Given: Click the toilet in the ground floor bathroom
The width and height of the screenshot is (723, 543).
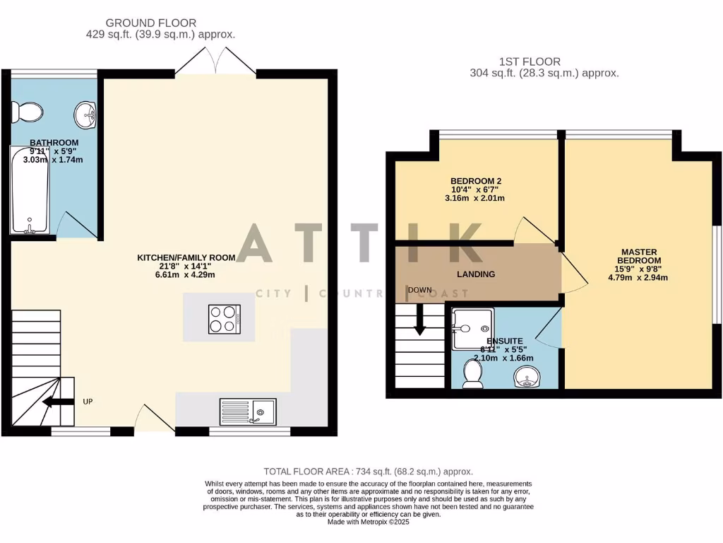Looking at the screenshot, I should (x=28, y=111).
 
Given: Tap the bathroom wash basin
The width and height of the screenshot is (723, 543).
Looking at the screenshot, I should (x=86, y=115).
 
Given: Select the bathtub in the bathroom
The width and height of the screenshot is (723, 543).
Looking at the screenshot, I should (x=30, y=189).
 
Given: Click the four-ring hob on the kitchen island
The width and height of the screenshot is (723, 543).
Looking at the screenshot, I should (x=224, y=319).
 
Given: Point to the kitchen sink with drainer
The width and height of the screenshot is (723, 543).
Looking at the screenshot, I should (x=248, y=411).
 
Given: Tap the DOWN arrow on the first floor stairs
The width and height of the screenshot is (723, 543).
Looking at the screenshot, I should (x=419, y=320).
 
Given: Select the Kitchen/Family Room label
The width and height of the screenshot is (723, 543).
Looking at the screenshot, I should (x=186, y=258).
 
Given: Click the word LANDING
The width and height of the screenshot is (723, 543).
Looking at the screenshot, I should (x=476, y=274).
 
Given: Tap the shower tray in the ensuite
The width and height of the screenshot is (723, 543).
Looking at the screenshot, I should (x=472, y=328).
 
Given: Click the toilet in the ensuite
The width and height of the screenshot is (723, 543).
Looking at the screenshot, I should (x=472, y=374).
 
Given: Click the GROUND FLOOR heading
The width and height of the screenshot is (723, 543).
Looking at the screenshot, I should (x=151, y=23).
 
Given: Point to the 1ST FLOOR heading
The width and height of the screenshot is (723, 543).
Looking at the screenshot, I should (x=544, y=62).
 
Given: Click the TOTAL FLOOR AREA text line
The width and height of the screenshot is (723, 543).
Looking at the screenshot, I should (x=368, y=472).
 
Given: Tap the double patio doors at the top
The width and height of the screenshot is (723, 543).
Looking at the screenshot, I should (x=215, y=62).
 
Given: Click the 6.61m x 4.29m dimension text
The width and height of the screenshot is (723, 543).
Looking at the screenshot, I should (x=186, y=275).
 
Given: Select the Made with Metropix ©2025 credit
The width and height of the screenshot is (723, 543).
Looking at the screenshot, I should (x=368, y=522).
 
